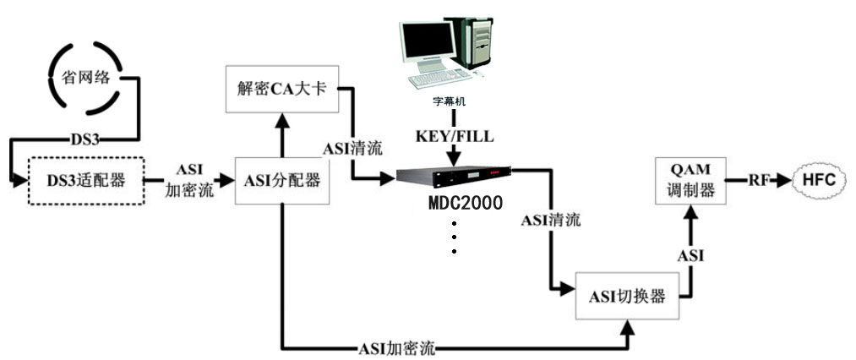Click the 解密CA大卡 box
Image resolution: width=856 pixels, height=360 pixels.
281,89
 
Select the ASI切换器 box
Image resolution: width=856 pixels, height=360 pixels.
627,297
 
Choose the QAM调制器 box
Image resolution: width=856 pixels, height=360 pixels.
689,180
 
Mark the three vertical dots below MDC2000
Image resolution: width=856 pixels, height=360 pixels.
454,237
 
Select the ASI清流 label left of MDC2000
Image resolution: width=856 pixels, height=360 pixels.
352,149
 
